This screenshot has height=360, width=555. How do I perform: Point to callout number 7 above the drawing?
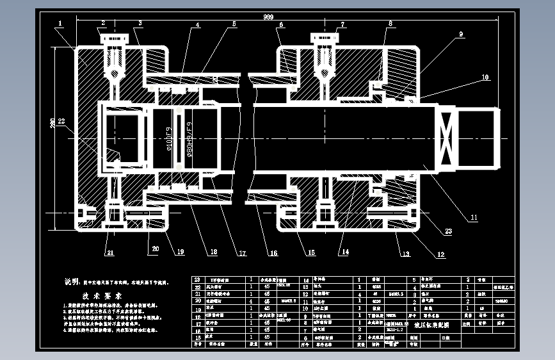point(344,24)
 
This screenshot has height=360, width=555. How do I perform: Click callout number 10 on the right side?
point(485,78)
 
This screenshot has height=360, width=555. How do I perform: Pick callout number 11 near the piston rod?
point(474,218)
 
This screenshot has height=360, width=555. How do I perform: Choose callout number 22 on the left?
point(61,120)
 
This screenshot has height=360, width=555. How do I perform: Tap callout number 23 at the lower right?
point(448,231)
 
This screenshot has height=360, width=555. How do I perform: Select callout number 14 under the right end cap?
point(345,252)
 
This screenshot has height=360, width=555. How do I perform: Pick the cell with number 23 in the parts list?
point(197,280)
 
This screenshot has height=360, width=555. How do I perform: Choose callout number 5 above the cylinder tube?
point(234,24)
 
